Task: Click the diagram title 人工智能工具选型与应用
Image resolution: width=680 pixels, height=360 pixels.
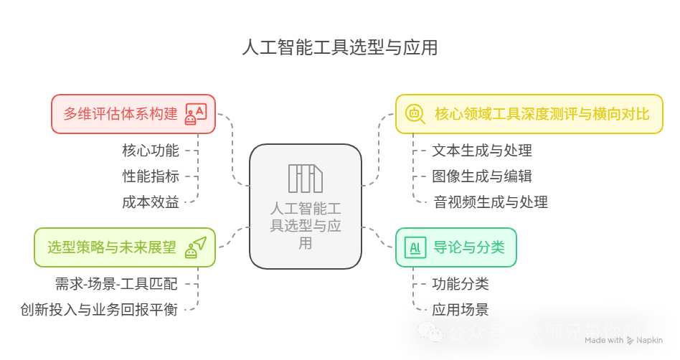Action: [x=340, y=48]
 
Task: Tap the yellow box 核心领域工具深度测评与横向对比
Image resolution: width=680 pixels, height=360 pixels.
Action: [x=529, y=113]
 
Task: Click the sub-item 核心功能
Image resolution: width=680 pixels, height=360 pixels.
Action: [x=150, y=151]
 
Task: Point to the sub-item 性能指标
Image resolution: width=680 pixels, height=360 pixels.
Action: [x=150, y=176]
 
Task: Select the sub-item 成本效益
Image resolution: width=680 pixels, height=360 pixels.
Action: [x=150, y=202]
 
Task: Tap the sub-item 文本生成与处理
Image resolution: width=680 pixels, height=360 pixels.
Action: [x=482, y=151]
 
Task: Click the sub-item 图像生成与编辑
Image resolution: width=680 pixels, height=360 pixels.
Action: [x=482, y=176]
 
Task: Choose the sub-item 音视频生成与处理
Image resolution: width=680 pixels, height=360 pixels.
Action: [x=490, y=202]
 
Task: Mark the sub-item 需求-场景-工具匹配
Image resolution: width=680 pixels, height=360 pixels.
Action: [x=116, y=284]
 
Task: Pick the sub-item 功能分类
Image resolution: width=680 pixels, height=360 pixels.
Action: [x=461, y=284]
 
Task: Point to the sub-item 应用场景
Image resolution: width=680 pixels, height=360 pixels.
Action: [x=461, y=310]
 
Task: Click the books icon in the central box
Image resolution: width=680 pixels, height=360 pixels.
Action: [x=306, y=179]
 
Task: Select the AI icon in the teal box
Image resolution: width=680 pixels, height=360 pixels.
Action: [x=415, y=247]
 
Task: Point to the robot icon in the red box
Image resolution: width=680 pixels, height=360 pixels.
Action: [x=195, y=113]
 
